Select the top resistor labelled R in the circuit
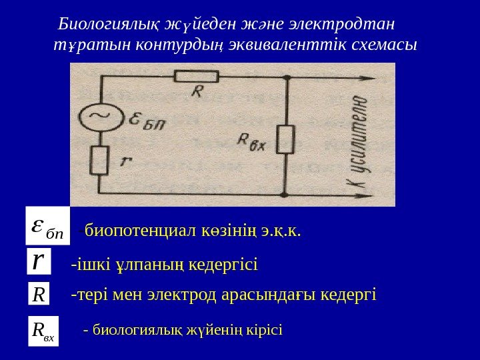point(196,77)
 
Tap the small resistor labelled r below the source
point(100,160)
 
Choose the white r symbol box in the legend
point(39,261)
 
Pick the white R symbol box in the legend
point(39,293)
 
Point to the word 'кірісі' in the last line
point(265,329)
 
